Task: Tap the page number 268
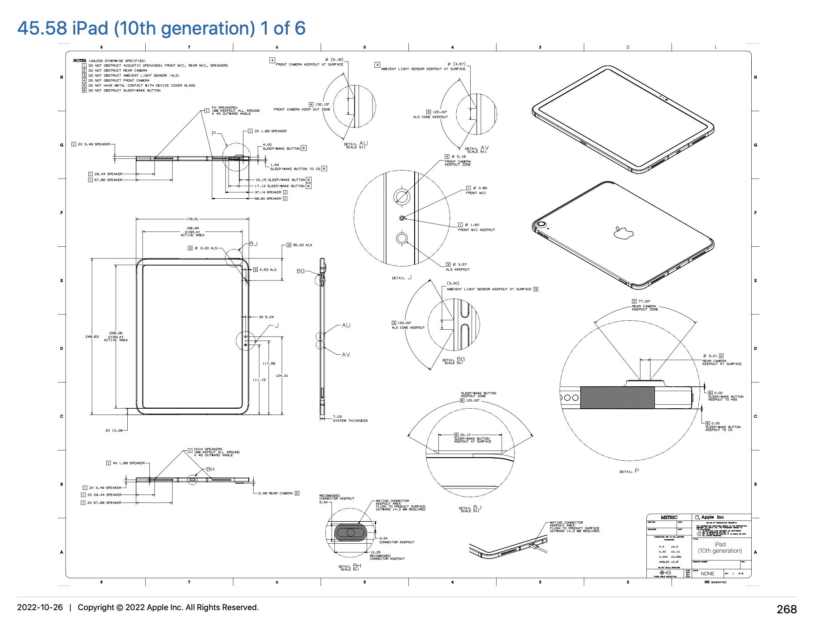[x=786, y=609]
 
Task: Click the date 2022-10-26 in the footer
[x=40, y=607]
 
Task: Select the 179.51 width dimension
[x=192, y=219]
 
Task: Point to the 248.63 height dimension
[x=92, y=336]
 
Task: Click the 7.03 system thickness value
[x=337, y=416]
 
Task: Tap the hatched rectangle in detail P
[x=617, y=397]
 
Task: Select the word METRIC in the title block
[x=669, y=517]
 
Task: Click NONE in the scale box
[x=707, y=573]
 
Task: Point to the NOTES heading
[x=79, y=60]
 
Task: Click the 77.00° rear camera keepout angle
[x=644, y=301]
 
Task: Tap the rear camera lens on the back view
[x=541, y=224]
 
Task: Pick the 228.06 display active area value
[x=116, y=333]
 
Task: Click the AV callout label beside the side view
[x=346, y=354]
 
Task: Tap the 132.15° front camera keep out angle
[x=322, y=104]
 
